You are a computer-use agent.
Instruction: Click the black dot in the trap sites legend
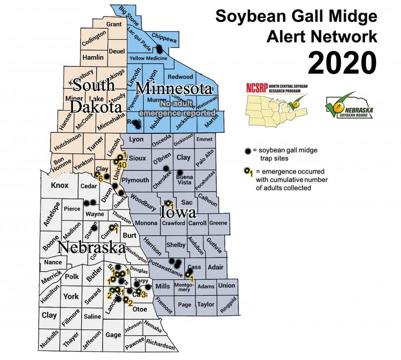click(x=248, y=151)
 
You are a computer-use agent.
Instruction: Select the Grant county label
click(x=114, y=25)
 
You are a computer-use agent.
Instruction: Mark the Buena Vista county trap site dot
click(x=179, y=172)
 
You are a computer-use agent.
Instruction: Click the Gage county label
click(x=113, y=334)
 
